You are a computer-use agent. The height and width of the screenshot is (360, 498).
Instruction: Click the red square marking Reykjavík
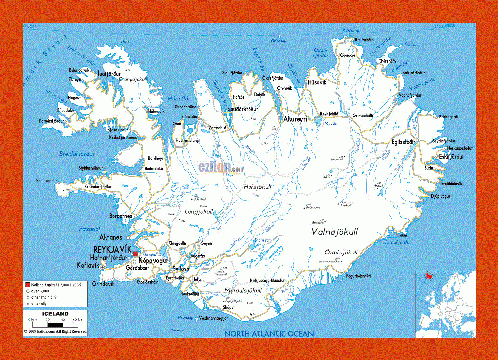tap(135, 254)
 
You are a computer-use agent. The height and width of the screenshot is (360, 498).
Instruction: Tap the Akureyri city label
tap(295, 119)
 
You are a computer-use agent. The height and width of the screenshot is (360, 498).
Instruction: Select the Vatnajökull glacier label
tap(334, 232)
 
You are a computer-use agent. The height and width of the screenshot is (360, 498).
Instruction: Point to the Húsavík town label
tap(317, 82)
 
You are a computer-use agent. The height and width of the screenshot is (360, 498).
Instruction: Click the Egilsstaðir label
tap(403, 142)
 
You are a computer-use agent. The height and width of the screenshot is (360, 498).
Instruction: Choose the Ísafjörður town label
tap(109, 74)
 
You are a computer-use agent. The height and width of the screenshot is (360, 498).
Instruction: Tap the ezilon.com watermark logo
tap(221, 167)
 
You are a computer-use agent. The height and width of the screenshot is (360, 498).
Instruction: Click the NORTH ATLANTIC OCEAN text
tap(269, 334)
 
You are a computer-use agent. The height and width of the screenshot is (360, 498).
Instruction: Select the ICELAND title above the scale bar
tap(55, 314)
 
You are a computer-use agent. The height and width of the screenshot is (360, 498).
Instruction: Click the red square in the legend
tap(28, 285)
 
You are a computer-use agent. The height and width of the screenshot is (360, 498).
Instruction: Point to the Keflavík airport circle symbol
tap(103, 267)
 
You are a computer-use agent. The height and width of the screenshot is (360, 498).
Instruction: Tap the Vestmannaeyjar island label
tap(213, 318)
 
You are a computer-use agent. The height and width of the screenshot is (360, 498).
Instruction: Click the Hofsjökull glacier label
tap(257, 187)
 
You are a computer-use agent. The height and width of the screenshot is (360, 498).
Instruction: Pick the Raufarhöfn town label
tap(364, 40)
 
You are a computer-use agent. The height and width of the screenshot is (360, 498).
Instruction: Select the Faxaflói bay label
tap(89, 229)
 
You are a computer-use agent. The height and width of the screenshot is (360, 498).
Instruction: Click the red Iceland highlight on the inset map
tap(428, 276)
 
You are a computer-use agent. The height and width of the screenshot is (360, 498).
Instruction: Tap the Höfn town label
tap(403, 236)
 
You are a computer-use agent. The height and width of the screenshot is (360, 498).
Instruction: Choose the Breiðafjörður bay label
tap(77, 154)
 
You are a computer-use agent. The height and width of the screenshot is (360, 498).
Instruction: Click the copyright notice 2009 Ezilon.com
tap(55, 331)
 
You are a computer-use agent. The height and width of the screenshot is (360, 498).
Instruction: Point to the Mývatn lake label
tap(331, 124)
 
